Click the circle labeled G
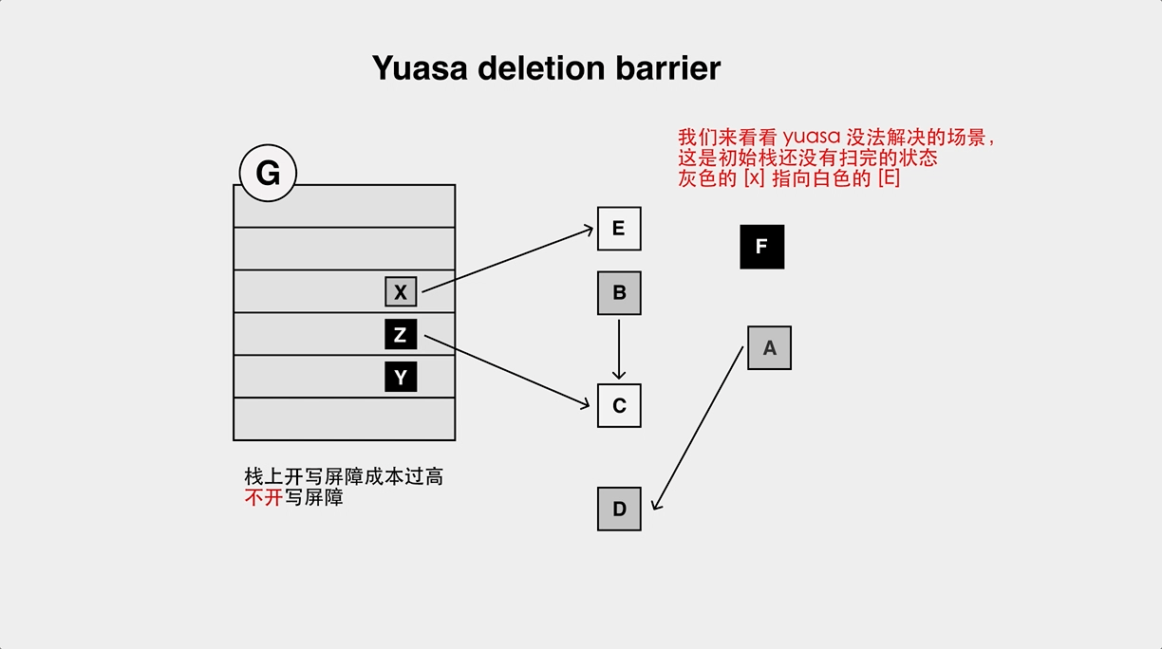[x=269, y=174]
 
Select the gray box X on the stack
[x=401, y=292]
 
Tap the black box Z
[x=401, y=335]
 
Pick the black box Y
[x=401, y=378]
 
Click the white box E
[x=619, y=229]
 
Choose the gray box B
[x=619, y=293]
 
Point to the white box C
[x=619, y=406]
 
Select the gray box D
[x=619, y=509]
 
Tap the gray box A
[x=769, y=348]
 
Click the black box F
[x=761, y=247]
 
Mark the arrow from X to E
[x=508, y=260]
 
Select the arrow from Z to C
[x=508, y=371]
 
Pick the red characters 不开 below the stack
[x=263, y=498]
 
